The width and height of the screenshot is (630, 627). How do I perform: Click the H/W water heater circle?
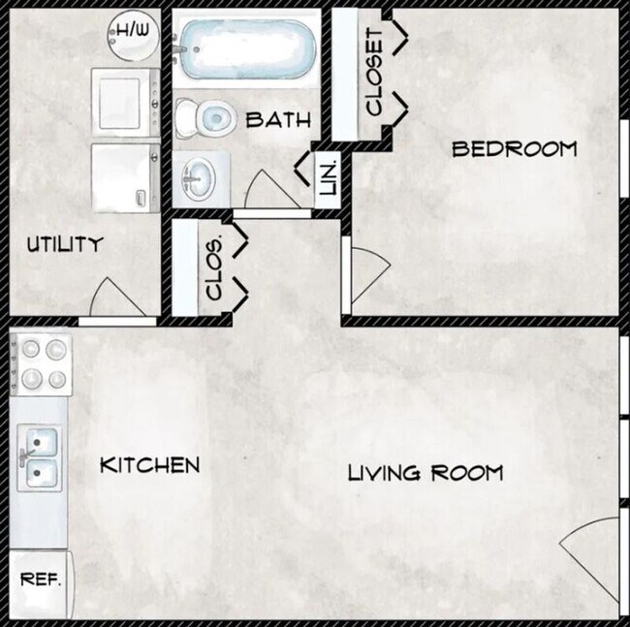coord(129,33)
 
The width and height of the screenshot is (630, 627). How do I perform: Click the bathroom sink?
coord(202,177)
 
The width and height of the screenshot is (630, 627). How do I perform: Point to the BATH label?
coord(278,121)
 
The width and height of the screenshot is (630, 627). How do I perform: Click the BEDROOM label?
coord(515,149)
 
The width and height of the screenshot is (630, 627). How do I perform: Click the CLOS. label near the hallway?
coord(215,266)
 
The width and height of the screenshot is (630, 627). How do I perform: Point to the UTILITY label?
coord(64,244)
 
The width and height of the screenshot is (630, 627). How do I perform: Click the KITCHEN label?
coord(150,465)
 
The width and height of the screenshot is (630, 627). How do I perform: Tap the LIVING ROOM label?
coord(425,473)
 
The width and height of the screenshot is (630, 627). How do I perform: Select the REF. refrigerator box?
coord(41,581)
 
